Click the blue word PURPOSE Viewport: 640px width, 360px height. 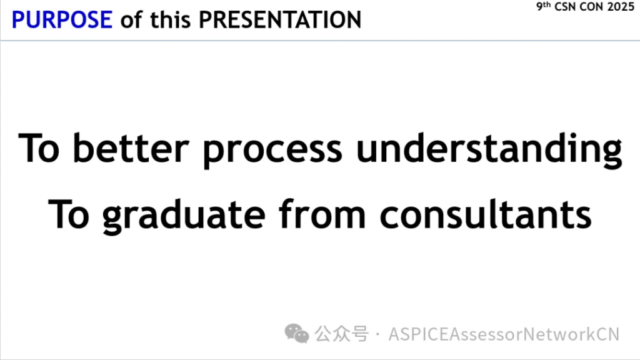point(62,19)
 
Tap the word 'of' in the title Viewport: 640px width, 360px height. point(131,19)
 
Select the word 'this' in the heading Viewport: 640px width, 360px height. point(170,19)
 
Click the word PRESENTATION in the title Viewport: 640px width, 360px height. point(280,19)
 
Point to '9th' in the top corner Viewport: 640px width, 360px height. point(543,6)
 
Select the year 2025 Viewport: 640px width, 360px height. point(621,6)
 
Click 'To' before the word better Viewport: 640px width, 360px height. point(39,147)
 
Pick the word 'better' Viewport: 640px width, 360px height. point(131,147)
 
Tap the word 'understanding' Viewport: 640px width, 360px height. point(489,150)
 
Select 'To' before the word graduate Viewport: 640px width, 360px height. point(69,214)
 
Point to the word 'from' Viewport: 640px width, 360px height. point(322,214)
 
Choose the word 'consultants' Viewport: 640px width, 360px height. point(485,214)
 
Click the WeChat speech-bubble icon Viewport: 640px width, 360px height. point(297,334)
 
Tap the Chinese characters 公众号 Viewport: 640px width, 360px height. point(342,334)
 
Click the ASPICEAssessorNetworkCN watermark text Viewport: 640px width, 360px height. point(504,334)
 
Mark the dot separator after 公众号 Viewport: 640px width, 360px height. point(377,334)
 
